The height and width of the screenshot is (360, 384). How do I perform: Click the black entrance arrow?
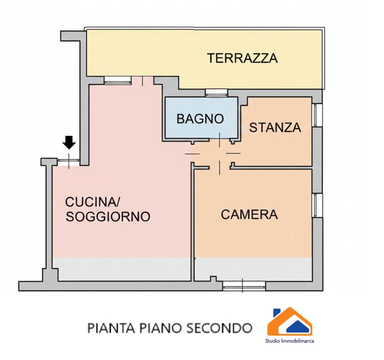point(69,142)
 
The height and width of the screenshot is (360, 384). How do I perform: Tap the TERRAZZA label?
point(242,58)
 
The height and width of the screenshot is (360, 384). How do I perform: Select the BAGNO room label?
point(200,119)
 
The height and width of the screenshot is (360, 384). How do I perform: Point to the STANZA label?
point(275,127)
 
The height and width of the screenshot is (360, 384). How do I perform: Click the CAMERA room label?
point(249,215)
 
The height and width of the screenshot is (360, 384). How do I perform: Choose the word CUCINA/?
point(92,202)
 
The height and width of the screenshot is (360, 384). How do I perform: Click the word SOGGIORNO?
point(108,217)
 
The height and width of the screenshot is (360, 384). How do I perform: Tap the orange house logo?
point(290,321)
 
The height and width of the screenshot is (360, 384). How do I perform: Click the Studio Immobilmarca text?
point(290,341)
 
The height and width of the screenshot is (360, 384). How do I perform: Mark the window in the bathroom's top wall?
point(217,92)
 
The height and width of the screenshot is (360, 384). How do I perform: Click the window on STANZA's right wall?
point(317,115)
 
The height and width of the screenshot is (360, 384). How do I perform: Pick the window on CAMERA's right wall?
point(317,205)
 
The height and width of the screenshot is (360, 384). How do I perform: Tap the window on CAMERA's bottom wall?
point(244,285)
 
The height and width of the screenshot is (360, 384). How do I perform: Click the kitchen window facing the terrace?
point(117,80)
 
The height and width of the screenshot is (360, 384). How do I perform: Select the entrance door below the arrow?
point(69,161)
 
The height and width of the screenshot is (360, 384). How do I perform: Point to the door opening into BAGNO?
point(219,140)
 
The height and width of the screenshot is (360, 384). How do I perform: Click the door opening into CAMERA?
point(219,167)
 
